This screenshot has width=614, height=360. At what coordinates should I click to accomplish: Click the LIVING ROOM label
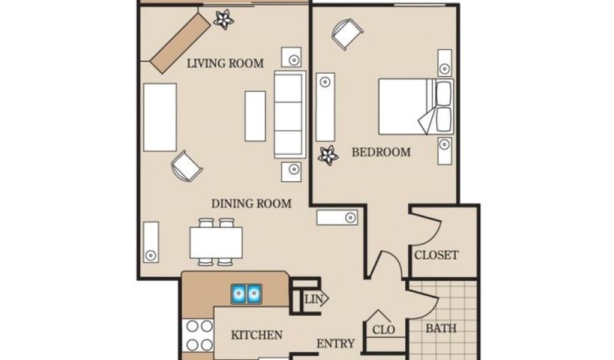pyautogui.click(x=225, y=64)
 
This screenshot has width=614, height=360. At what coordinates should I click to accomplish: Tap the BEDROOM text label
pyautogui.click(x=381, y=152)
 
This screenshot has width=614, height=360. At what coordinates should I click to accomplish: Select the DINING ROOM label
pyautogui.click(x=251, y=203)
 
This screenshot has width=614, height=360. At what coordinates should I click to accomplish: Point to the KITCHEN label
pyautogui.click(x=257, y=335)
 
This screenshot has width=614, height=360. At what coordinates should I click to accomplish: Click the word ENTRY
pyautogui.click(x=336, y=344)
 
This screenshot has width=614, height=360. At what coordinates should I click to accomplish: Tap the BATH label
pyautogui.click(x=441, y=328)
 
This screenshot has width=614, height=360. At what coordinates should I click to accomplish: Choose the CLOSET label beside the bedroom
pyautogui.click(x=437, y=255)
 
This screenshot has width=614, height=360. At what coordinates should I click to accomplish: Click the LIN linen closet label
pyautogui.click(x=314, y=299)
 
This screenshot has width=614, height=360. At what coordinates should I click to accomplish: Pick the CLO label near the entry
pyautogui.click(x=383, y=330)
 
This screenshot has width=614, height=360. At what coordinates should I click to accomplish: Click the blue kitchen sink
pyautogui.click(x=246, y=293)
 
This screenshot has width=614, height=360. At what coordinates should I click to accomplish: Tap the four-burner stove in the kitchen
pyautogui.click(x=198, y=335)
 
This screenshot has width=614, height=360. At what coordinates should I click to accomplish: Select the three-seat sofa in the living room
pyautogui.click(x=290, y=115)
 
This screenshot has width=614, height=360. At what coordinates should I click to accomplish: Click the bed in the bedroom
pyautogui.click(x=416, y=107)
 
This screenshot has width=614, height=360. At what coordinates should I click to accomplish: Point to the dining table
pyautogui.click(x=216, y=243)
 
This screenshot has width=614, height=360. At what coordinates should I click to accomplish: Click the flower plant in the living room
pyautogui.click(x=224, y=19)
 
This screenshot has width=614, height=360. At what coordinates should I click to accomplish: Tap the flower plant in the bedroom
pyautogui.click(x=328, y=155)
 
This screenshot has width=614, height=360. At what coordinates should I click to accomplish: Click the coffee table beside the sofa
pyautogui.click(x=255, y=116)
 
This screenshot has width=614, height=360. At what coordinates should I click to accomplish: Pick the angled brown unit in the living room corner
pyautogui.click(x=180, y=43)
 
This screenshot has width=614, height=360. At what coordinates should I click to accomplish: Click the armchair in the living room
pyautogui.click(x=187, y=166)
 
